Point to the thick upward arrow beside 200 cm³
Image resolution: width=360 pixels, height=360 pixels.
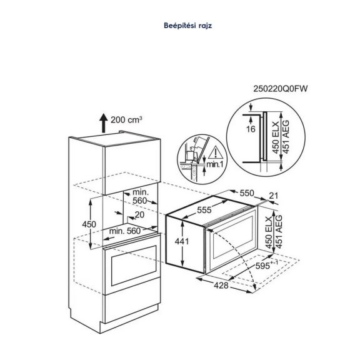[x=101, y=122]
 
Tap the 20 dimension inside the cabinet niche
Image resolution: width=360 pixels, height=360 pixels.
[x=139, y=214]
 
